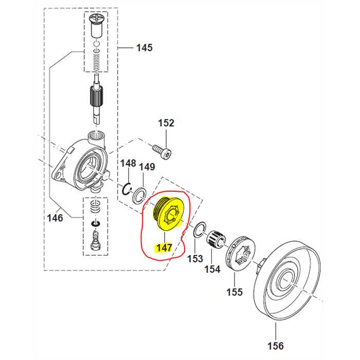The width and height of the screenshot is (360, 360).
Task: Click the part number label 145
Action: [144, 48]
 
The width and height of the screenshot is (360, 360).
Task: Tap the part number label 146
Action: [55, 218]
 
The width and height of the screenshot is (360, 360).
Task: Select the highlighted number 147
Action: [164, 248]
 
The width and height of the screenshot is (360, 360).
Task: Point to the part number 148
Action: [128, 164]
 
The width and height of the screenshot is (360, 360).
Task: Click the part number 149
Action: [147, 167]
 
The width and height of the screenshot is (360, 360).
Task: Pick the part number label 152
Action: [166, 123]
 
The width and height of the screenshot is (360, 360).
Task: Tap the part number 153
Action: [195, 258]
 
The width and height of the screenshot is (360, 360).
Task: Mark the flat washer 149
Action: [139, 196]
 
